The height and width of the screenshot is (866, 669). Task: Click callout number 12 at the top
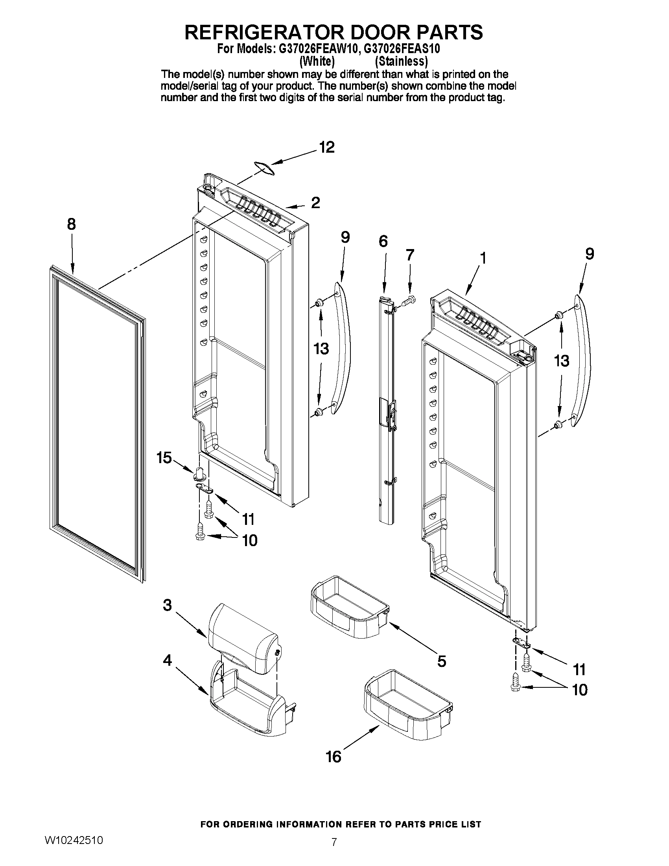[327, 148]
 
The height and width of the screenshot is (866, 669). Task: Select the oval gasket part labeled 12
[264, 168]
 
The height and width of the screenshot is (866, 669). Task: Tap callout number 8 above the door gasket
[71, 224]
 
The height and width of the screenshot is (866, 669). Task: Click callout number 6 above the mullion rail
[383, 241]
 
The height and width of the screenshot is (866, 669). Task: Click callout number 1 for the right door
[483, 258]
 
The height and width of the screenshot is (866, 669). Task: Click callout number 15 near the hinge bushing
[164, 458]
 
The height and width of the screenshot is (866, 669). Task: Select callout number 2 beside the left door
[315, 203]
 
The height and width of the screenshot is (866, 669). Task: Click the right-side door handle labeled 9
[582, 361]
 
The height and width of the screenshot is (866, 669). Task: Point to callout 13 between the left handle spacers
[321, 349]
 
